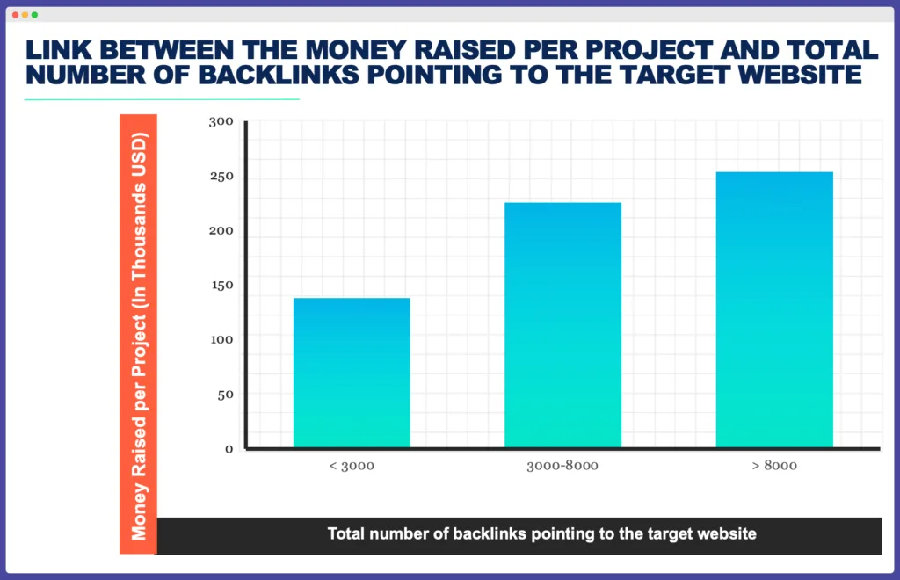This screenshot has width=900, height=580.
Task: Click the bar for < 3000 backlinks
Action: tap(352, 373)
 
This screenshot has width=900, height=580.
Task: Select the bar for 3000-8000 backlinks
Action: tap(562, 325)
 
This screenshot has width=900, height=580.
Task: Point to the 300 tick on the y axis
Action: tap(221, 122)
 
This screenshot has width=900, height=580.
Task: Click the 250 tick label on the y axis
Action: tap(221, 177)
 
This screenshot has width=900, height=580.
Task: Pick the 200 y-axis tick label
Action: tap(221, 231)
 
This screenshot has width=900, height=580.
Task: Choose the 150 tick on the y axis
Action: tap(221, 285)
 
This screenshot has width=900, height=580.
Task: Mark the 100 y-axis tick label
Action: tap(221, 339)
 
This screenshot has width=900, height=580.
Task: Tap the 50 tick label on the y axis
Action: tap(224, 394)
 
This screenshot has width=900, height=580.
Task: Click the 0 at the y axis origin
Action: tap(229, 448)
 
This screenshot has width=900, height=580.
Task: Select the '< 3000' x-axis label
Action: tap(352, 465)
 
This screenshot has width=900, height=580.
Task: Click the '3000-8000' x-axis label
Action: tap(562, 465)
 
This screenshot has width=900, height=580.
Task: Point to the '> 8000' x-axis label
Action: tap(774, 465)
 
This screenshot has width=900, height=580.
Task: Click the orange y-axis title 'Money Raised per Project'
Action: tap(138, 334)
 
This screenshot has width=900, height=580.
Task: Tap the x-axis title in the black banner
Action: tap(541, 533)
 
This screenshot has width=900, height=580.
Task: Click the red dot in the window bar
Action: tap(15, 15)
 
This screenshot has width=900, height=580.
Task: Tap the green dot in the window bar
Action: tap(34, 15)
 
